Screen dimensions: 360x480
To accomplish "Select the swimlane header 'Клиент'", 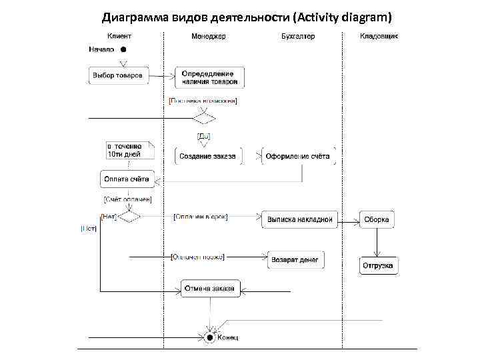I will [119, 36].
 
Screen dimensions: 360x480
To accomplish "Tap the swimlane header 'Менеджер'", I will [208, 36].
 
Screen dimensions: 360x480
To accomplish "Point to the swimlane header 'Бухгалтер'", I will [298, 36].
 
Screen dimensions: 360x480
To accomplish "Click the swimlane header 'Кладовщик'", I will [379, 36].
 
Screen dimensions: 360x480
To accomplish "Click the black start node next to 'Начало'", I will [123, 49].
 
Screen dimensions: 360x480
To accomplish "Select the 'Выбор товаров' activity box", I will [117, 75].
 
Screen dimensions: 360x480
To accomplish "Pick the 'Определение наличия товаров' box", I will [209, 77].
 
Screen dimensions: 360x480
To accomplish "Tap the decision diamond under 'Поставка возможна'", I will [204, 119].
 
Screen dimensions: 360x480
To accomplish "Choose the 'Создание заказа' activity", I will [208, 157].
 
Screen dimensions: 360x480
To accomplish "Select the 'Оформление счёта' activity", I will [298, 157].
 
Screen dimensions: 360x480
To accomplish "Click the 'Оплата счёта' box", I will [126, 179].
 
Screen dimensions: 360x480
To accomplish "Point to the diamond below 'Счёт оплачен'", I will [128, 217].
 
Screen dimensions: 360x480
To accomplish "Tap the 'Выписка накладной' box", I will [299, 219].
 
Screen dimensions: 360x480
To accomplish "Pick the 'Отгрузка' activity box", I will [378, 265].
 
